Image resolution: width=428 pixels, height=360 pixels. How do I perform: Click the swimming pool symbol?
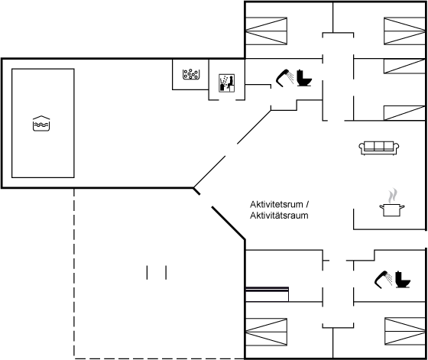pyautogui.click(x=41, y=123)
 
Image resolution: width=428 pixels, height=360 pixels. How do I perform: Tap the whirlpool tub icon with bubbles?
pyautogui.click(x=190, y=74)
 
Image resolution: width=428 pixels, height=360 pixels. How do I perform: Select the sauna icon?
pyautogui.click(x=226, y=83)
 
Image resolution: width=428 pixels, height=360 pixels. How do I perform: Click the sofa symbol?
pyautogui.click(x=379, y=148)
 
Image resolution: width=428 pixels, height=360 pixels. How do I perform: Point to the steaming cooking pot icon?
pyautogui.click(x=392, y=203)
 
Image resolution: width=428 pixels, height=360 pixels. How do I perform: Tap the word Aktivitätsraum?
pyautogui.click(x=279, y=216)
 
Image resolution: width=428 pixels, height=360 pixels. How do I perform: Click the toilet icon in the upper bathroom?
pyautogui.click(x=304, y=78)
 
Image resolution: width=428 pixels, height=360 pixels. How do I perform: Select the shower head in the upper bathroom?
pyautogui.click(x=284, y=78)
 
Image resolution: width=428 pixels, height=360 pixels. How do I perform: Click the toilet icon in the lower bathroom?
pyautogui.click(x=403, y=280)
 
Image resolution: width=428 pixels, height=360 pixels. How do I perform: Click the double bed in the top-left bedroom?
pyautogui.click(x=267, y=31)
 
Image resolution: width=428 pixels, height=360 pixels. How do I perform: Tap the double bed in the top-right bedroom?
pyautogui.click(x=404, y=31)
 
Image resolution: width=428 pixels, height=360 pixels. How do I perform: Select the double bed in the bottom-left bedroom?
pyautogui.click(x=267, y=332)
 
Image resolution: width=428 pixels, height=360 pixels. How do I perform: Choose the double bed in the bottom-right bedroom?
pyautogui.click(x=405, y=331)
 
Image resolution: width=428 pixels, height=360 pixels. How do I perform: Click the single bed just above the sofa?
pyautogui.click(x=404, y=113)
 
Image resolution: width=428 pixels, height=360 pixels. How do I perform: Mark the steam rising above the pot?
pyautogui.click(x=393, y=196)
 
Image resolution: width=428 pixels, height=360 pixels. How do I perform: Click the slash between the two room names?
pyautogui.click(x=307, y=204)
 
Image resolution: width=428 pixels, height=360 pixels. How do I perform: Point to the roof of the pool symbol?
pyautogui.click(x=41, y=118)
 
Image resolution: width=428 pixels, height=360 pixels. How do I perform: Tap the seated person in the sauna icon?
pyautogui.click(x=231, y=83)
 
